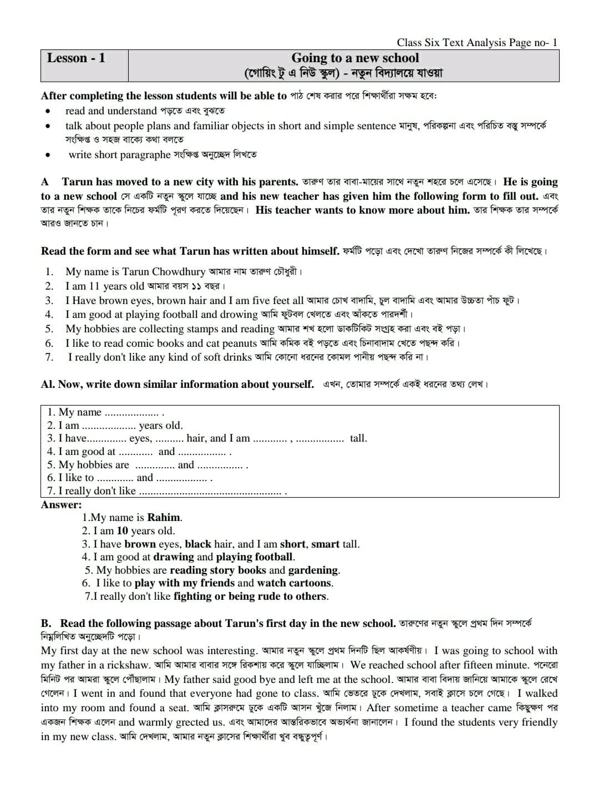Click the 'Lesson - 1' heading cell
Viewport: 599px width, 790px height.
(x=76, y=58)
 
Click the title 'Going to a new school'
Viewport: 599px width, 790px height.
(x=355, y=58)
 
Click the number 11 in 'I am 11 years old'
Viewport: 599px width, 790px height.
(x=94, y=286)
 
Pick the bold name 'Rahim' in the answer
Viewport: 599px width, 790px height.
(x=164, y=518)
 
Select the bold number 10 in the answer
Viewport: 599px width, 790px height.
(x=122, y=531)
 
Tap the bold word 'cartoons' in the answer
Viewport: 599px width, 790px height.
(x=307, y=583)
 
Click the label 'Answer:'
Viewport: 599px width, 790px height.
(x=61, y=505)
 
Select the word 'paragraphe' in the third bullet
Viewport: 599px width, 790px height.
(x=145, y=155)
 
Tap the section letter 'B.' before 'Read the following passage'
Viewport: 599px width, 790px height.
(x=47, y=624)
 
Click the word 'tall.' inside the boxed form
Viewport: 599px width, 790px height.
(x=358, y=439)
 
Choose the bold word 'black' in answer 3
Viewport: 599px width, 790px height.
(x=198, y=544)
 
